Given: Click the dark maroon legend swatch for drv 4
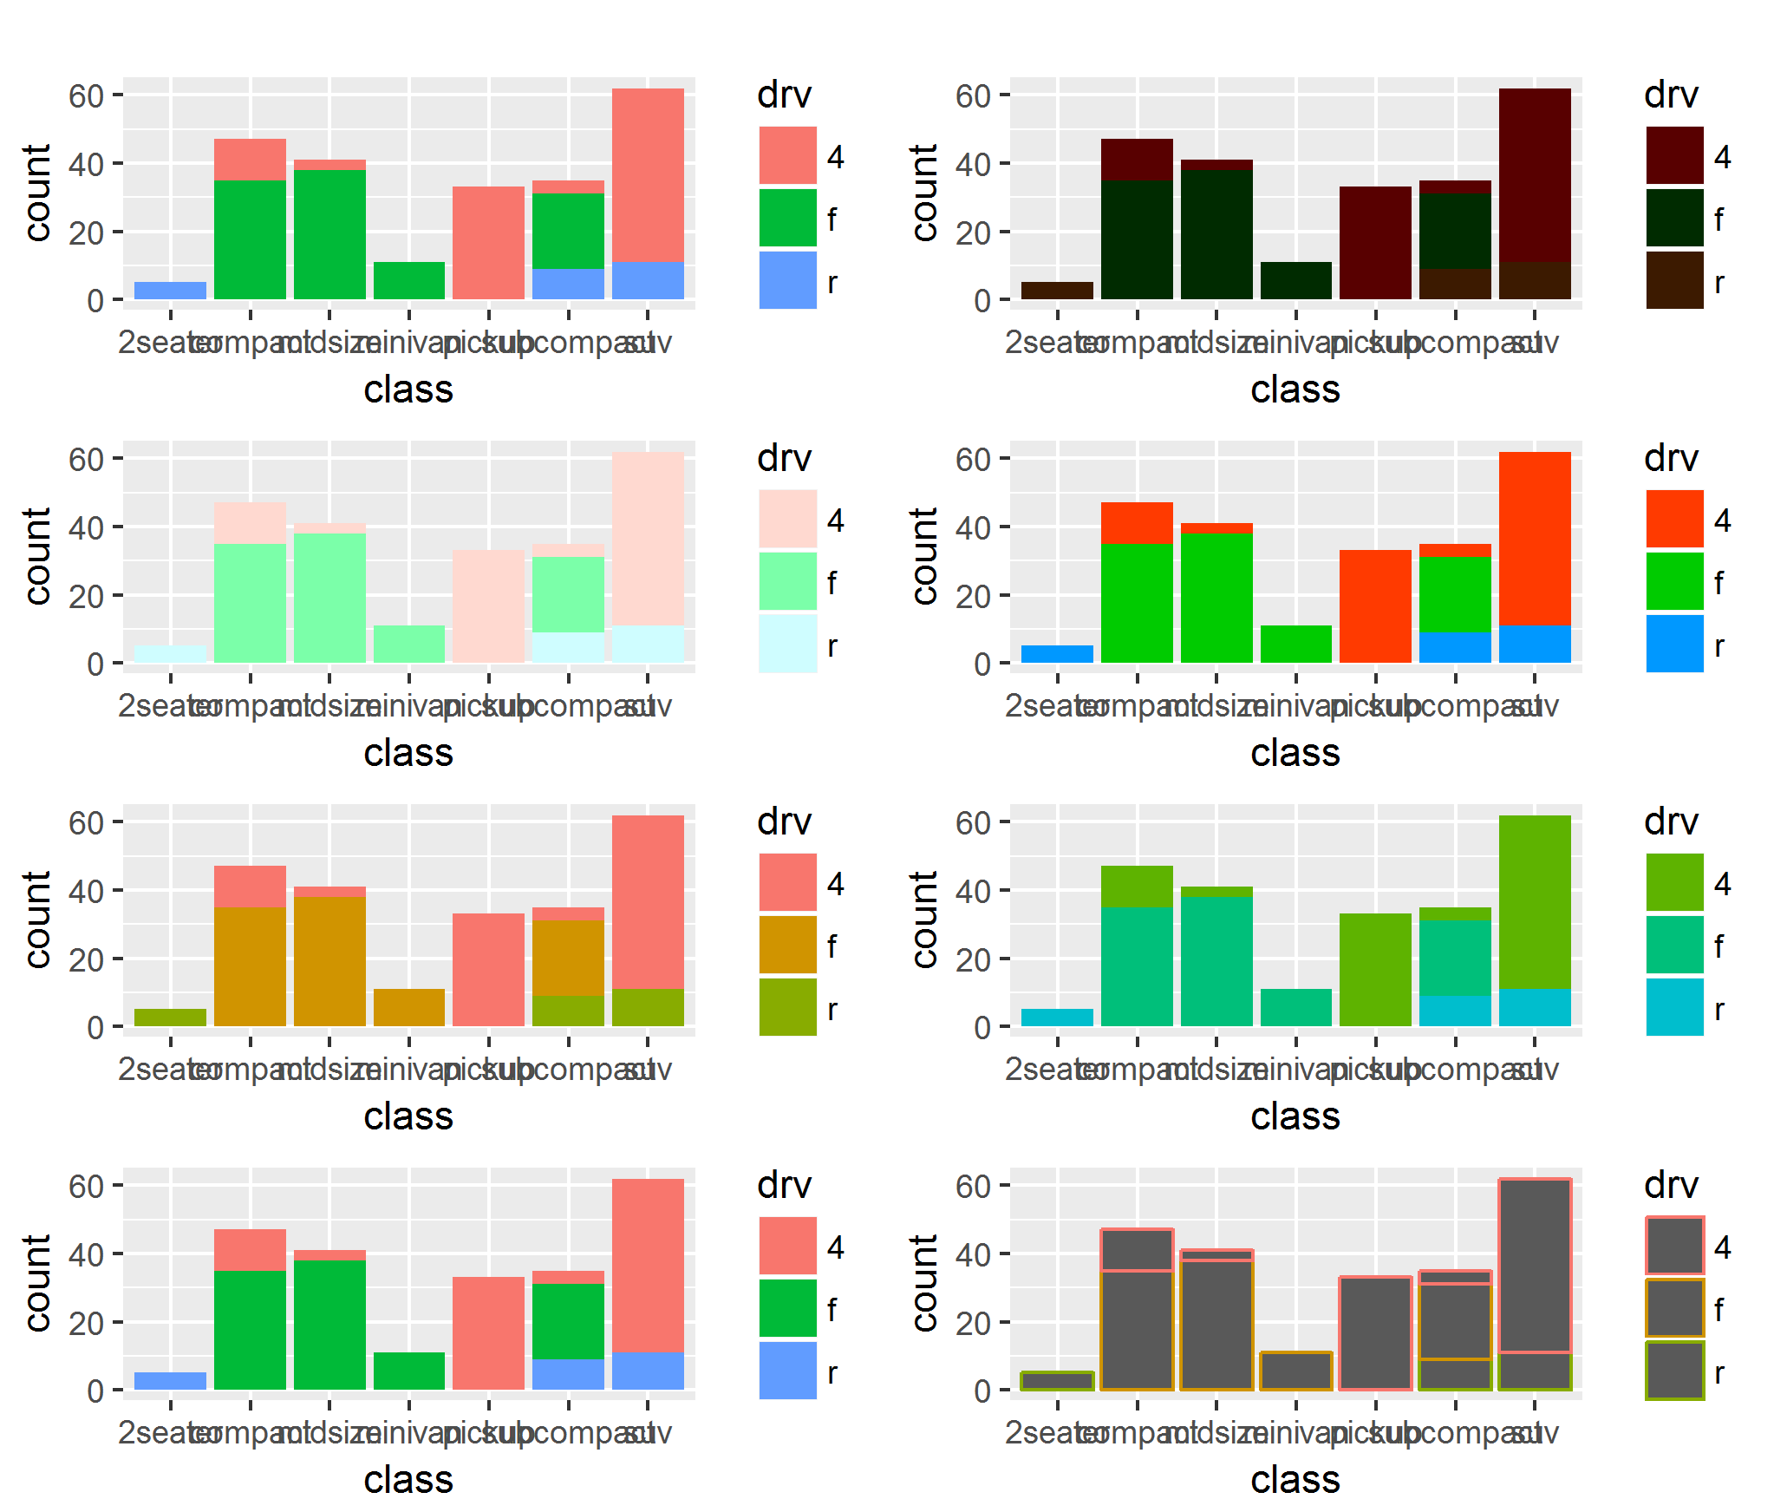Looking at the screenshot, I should coord(1674,154).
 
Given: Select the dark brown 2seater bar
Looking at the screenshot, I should coord(1057,291).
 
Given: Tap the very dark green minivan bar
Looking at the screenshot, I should coord(1295,280).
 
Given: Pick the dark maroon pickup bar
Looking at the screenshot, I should coord(1375,243).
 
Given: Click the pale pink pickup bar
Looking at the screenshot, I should coord(488,606).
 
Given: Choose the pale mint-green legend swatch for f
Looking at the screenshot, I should coord(787,581).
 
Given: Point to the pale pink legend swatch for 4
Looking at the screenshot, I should coord(787,518).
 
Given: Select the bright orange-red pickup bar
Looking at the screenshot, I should coord(1375,606).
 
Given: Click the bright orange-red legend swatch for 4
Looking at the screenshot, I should coord(1674,518).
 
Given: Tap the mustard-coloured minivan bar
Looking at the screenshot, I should coord(409,1007).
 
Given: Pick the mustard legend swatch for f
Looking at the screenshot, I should coord(787,945).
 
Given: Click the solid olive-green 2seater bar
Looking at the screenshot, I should coord(170,1018).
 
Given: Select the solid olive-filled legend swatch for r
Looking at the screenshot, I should coord(787,1007).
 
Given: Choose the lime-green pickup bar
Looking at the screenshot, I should coord(1375,970).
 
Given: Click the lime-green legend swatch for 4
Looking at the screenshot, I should coord(1674,881).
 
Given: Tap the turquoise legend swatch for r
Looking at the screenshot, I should coord(1674,1007).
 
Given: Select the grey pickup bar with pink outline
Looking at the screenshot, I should coord(1375,1333).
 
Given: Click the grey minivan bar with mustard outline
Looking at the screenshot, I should coord(1295,1371).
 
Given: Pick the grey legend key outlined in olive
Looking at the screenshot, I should coord(1674,1371).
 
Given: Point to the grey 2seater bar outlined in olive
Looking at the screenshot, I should coord(1057,1381).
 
